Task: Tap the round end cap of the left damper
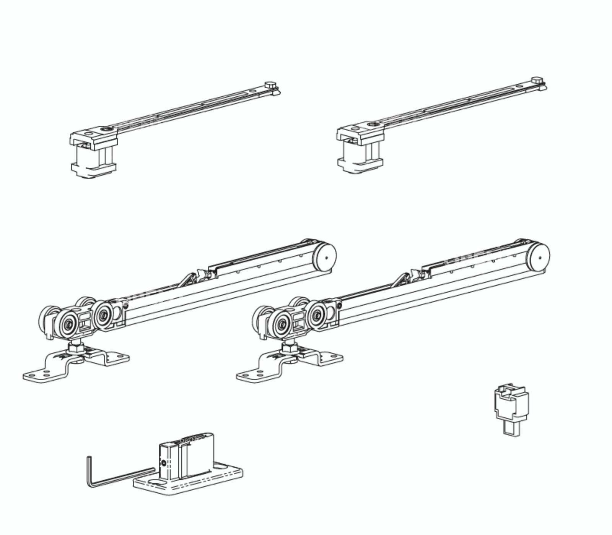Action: pos(325,257)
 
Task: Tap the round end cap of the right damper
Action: pos(539,257)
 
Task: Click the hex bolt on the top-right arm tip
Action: pos(537,81)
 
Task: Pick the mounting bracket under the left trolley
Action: pos(76,365)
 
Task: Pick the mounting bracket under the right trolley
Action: pos(290,365)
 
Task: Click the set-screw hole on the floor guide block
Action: pos(164,463)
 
